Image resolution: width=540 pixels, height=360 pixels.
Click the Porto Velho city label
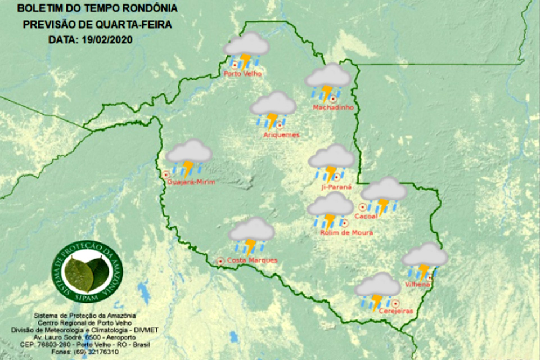(x=242, y=74)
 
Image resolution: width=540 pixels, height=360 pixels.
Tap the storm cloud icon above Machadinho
(x=328, y=81)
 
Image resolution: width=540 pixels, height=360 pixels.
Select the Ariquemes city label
(x=281, y=135)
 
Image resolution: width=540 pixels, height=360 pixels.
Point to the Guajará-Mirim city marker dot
(x=166, y=174)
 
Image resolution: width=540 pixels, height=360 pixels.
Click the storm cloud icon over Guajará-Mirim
(x=189, y=157)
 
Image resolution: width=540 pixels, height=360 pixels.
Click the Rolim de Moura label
(x=346, y=232)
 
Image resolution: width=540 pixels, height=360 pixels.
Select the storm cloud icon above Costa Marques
(x=252, y=236)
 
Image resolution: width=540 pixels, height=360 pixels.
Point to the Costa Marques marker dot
(x=220, y=261)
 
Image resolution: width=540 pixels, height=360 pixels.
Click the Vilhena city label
(x=417, y=285)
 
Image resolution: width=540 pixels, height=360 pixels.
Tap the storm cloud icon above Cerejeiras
(x=378, y=290)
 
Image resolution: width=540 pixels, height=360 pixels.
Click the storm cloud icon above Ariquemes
(x=273, y=109)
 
